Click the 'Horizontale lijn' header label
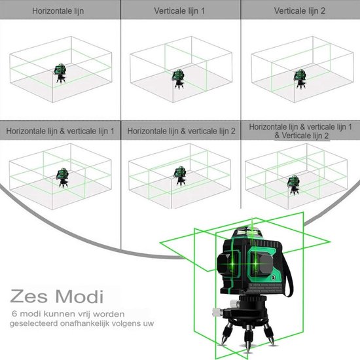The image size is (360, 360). (58, 11)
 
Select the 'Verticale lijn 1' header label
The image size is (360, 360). (179, 10)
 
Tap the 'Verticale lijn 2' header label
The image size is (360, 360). (299, 10)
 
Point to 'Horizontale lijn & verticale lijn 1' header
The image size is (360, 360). (60, 131)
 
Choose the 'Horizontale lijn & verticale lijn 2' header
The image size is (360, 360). (181, 131)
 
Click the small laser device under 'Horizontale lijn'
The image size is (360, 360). (60, 73)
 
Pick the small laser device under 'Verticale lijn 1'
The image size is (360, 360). (179, 79)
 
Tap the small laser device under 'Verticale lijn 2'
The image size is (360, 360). (300, 79)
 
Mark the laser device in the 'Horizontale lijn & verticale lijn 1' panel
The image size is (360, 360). (63, 177)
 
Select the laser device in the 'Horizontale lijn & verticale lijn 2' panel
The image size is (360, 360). (180, 176)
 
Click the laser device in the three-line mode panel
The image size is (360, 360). (293, 185)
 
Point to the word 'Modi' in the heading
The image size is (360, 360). (79, 296)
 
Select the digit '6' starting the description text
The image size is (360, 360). (14, 314)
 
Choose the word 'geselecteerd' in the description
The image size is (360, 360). (33, 324)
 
